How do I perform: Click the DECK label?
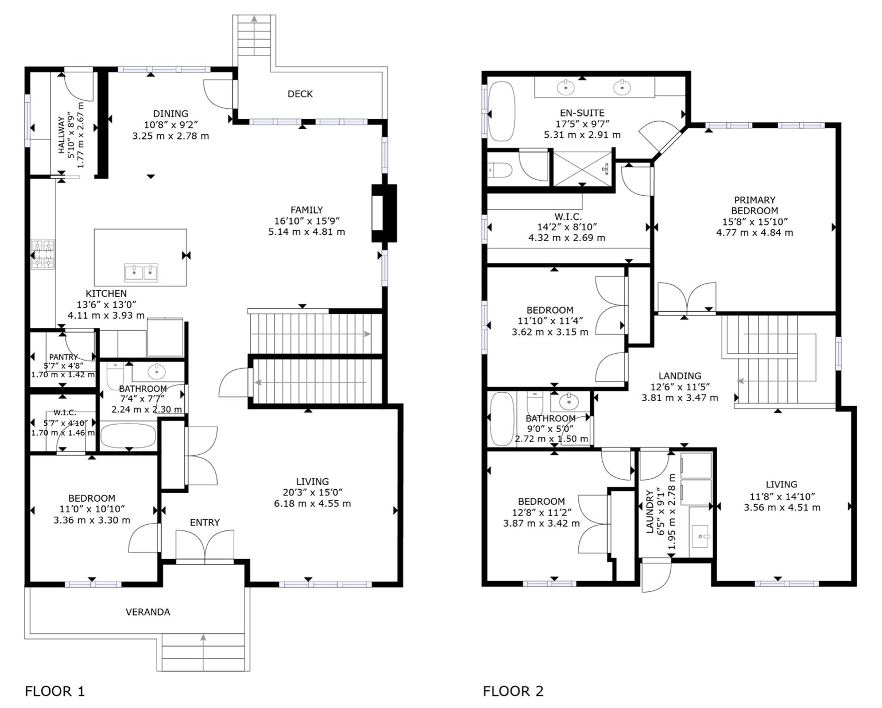click(300, 94)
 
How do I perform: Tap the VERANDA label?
click(147, 612)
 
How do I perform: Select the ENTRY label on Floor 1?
click(205, 522)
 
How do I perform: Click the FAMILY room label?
click(306, 210)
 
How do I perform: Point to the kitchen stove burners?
click(43, 254)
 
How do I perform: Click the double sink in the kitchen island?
click(141, 272)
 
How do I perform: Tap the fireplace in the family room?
click(384, 213)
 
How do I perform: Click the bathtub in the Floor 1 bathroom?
click(128, 436)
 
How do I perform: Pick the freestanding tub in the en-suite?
click(502, 111)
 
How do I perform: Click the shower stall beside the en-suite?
click(583, 169)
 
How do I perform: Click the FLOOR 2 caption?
click(513, 691)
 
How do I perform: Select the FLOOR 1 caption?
click(55, 691)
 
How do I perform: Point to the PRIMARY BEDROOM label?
click(754, 205)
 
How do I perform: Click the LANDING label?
click(680, 376)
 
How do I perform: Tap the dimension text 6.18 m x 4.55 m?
click(312, 504)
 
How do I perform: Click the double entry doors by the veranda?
click(205, 546)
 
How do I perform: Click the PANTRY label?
click(63, 357)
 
